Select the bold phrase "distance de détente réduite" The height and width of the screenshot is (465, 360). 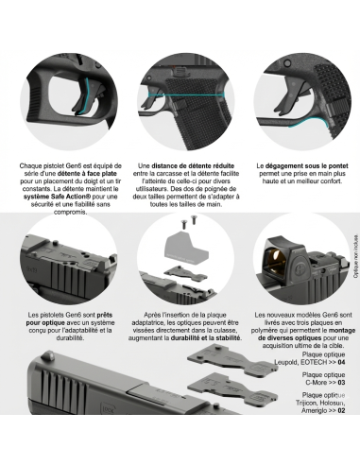click(193, 165)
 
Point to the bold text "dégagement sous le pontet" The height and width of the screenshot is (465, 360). click(306, 165)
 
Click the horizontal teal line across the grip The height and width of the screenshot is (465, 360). click(186, 95)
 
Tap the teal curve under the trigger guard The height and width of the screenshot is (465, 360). click(309, 122)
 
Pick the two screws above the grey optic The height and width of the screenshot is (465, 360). click(188, 220)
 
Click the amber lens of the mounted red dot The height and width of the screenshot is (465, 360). click(276, 259)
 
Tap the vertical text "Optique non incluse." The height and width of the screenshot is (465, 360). click(355, 256)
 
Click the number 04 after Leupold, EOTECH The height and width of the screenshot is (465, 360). click(341, 362)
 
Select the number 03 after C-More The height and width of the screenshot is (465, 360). click(341, 383)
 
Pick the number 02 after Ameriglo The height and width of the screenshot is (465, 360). click(341, 410)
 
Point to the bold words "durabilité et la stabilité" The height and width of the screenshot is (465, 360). click(205, 338)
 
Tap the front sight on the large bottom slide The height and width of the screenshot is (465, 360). click(49, 355)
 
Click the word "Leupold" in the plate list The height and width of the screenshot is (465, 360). click(285, 362)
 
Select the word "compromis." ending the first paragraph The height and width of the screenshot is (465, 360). click(70, 212)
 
